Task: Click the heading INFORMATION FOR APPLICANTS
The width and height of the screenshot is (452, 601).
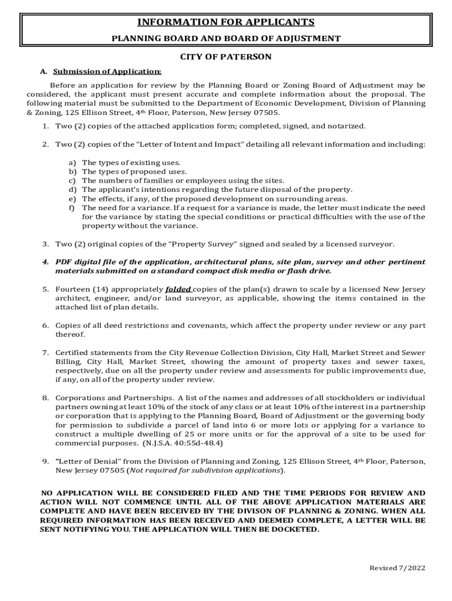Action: pyautogui.click(x=226, y=22)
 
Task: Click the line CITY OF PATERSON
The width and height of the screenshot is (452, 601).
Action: pyautogui.click(x=226, y=57)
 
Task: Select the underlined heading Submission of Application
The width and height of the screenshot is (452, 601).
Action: pyautogui.click(x=107, y=72)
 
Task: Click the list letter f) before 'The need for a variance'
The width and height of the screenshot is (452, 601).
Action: pyautogui.click(x=72, y=208)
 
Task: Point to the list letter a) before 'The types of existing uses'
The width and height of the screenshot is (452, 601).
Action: pyautogui.click(x=72, y=163)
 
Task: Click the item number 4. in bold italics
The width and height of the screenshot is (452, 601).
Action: pyautogui.click(x=45, y=262)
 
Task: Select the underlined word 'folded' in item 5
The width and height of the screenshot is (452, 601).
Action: pyautogui.click(x=178, y=289)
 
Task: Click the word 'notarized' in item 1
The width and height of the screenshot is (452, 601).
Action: pyautogui.click(x=346, y=126)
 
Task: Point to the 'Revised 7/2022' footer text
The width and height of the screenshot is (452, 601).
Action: pyautogui.click(x=397, y=568)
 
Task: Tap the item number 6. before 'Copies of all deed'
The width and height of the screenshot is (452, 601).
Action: pyautogui.click(x=45, y=325)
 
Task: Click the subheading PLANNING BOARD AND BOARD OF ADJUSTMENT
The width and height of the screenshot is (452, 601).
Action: pyautogui.click(x=226, y=39)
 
